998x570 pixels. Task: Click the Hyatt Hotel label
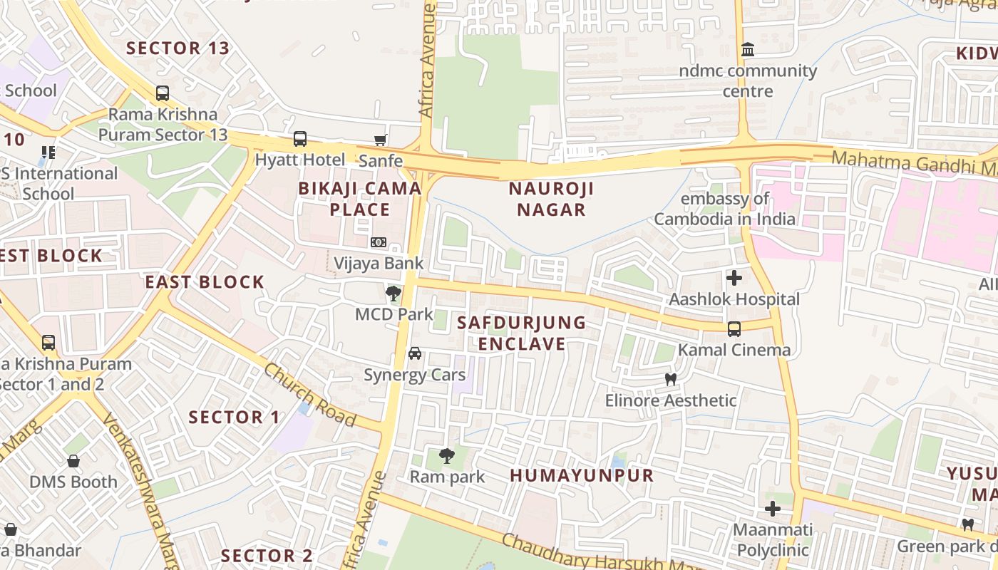click(x=300, y=160)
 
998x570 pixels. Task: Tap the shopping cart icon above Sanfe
click(x=381, y=140)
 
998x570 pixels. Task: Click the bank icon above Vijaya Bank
click(x=379, y=243)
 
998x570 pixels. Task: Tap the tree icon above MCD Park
click(x=393, y=293)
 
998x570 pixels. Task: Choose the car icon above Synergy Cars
click(x=414, y=353)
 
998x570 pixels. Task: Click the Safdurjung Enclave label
click(x=522, y=333)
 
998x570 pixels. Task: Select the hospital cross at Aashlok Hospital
click(x=734, y=278)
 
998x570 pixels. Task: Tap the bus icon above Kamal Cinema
click(x=734, y=329)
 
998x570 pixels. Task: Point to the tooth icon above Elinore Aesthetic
click(x=670, y=380)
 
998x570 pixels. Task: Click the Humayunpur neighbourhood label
click(x=582, y=475)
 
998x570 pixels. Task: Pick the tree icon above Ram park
click(x=447, y=455)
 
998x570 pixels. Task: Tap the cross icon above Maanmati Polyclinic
click(x=773, y=509)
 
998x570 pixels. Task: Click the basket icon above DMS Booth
click(x=73, y=461)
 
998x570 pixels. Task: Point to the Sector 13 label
click(x=178, y=48)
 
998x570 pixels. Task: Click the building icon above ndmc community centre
click(x=748, y=50)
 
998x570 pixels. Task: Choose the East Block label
click(x=205, y=281)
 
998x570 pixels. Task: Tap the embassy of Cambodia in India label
click(x=724, y=209)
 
